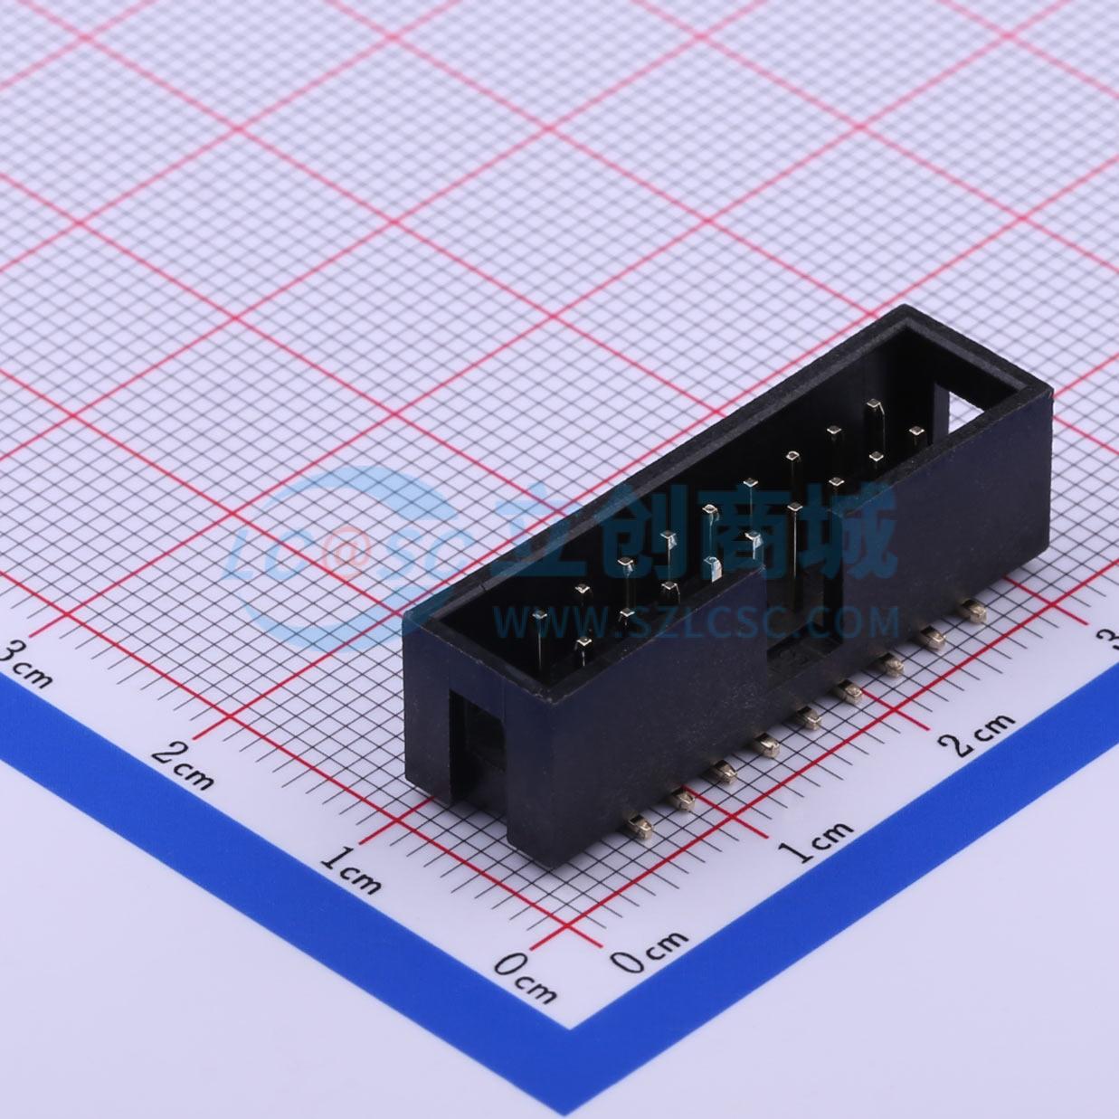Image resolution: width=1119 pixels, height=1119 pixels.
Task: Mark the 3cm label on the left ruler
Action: [26, 661]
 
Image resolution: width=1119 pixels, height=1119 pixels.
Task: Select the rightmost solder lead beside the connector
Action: [973, 612]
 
